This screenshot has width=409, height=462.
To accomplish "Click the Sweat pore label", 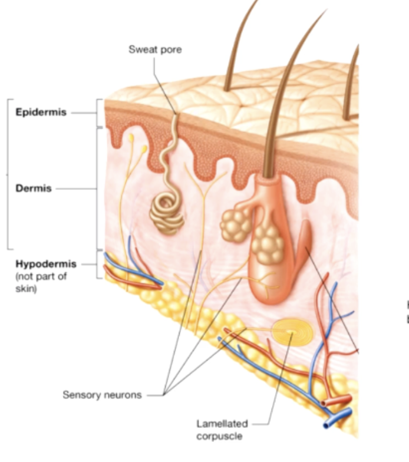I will coord(155,49).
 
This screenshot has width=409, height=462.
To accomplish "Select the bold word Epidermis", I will coord(41,112).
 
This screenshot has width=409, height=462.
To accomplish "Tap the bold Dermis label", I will coord(34,189).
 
